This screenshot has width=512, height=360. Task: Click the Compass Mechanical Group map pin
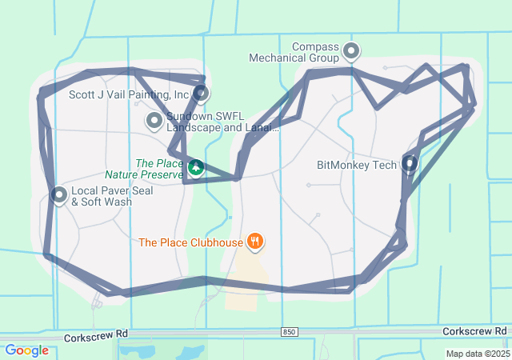(351, 53)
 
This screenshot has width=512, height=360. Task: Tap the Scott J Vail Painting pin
(202, 94)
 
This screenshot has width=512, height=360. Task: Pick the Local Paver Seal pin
(59, 194)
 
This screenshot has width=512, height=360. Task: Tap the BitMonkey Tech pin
(410, 164)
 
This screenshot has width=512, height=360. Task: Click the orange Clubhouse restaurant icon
(255, 240)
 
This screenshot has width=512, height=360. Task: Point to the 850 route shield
(290, 331)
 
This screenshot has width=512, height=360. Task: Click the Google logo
(26, 350)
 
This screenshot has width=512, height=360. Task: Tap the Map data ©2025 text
(478, 354)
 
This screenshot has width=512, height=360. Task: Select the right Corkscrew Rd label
(475, 331)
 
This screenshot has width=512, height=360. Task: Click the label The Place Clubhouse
(190, 242)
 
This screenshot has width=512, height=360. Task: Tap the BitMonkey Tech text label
(357, 166)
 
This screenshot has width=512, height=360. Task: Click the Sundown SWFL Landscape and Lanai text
(222, 122)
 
